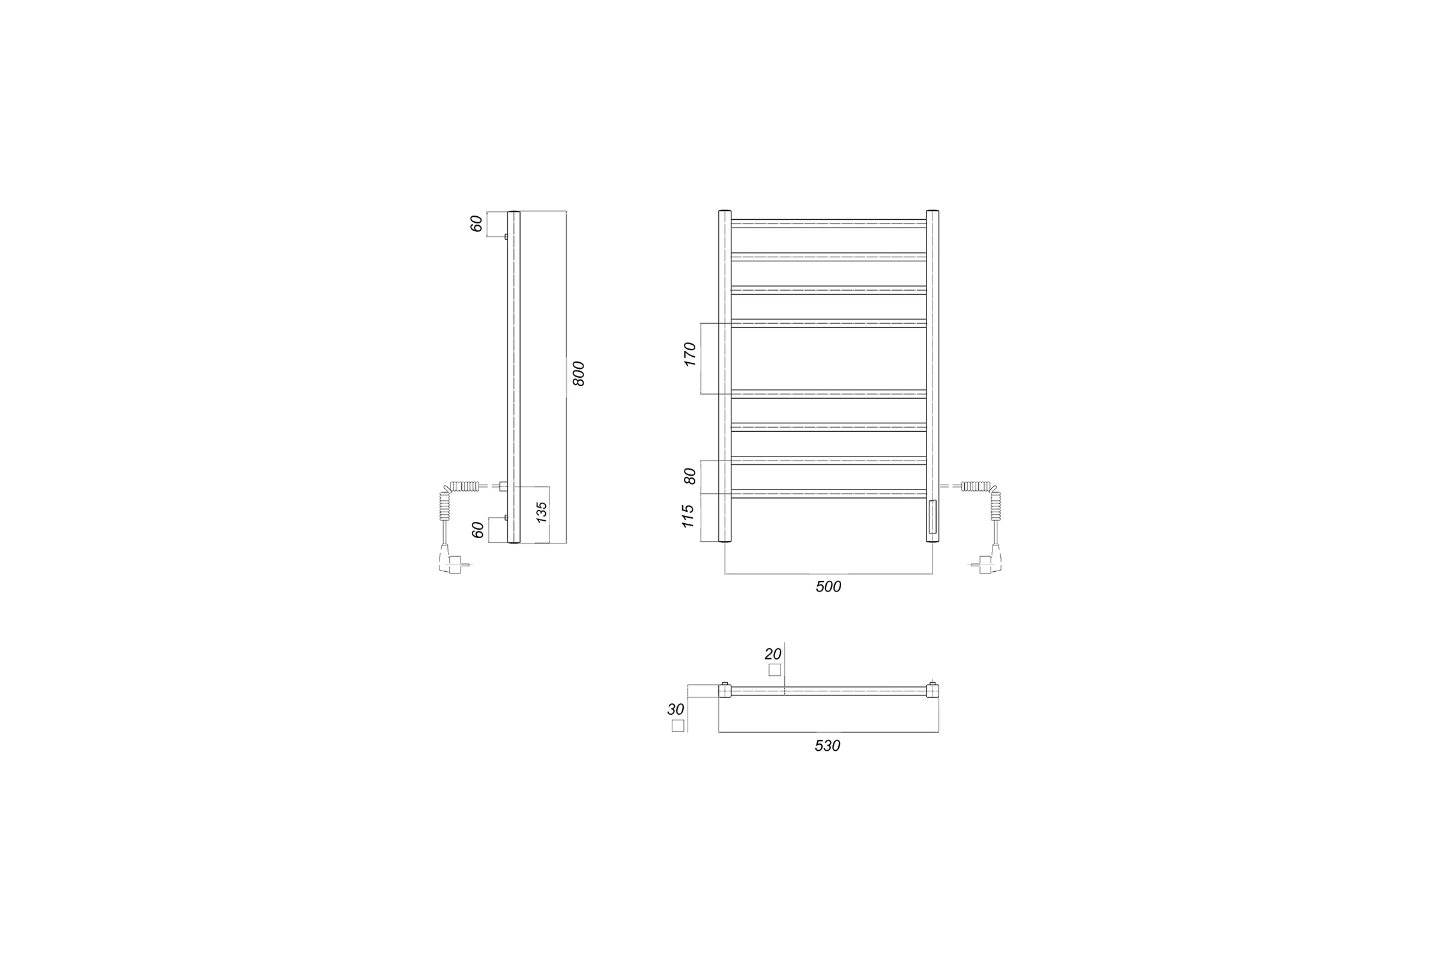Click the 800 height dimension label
[x=578, y=374]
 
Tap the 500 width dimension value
[x=829, y=587]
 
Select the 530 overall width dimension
[x=827, y=746]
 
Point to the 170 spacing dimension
[x=690, y=355]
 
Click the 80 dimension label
[x=690, y=476]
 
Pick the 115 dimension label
[x=688, y=516]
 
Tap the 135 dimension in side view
[x=542, y=512]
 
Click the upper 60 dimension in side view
[x=477, y=223]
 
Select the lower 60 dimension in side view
[x=478, y=530]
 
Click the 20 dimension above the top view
[x=773, y=655]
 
